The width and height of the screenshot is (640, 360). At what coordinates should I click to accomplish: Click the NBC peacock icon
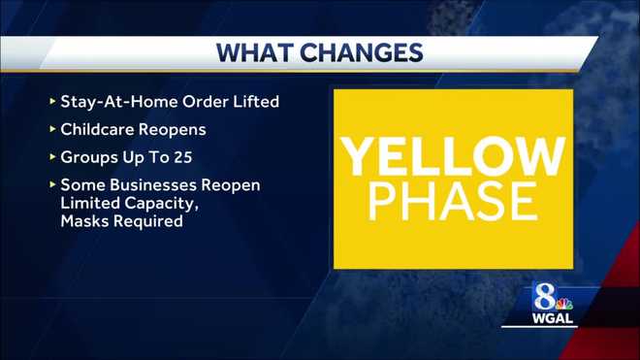click(x=564, y=298)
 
